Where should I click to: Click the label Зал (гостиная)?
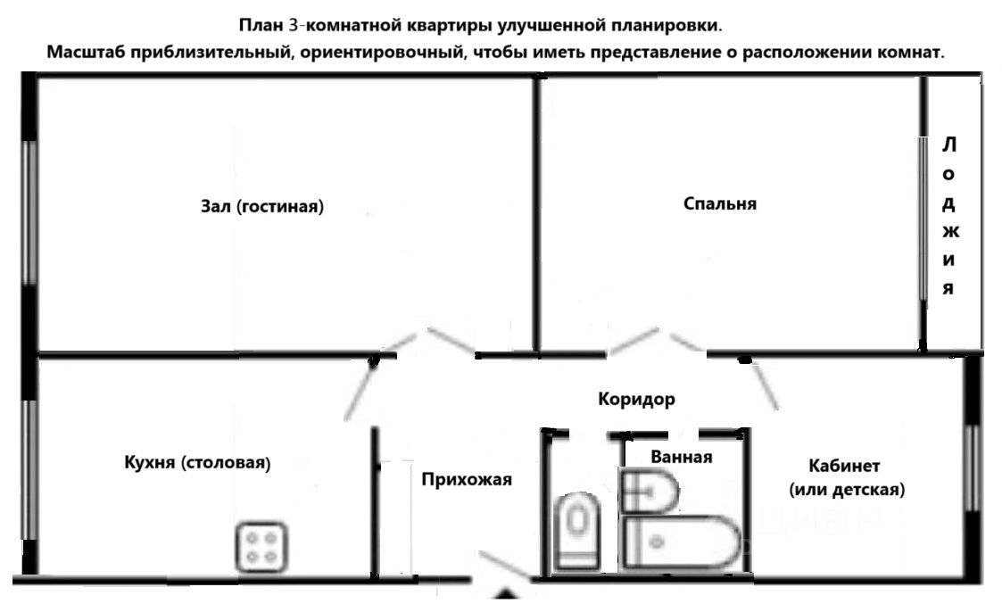[x=261, y=206]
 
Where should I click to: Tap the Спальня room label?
[x=719, y=203]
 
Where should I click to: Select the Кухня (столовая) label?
[x=196, y=463]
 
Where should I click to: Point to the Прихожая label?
[x=467, y=479]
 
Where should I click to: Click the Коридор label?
[x=636, y=399]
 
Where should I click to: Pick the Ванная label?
[x=682, y=457]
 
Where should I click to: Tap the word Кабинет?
[x=844, y=466]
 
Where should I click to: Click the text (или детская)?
[x=847, y=489]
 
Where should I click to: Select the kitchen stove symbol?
[x=261, y=547]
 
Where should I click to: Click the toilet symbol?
[x=577, y=531]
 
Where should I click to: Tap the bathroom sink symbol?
[x=650, y=492]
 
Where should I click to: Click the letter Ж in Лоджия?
[x=949, y=232]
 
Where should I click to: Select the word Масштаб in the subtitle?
[x=86, y=51]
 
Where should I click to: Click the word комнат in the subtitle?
[x=912, y=51]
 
